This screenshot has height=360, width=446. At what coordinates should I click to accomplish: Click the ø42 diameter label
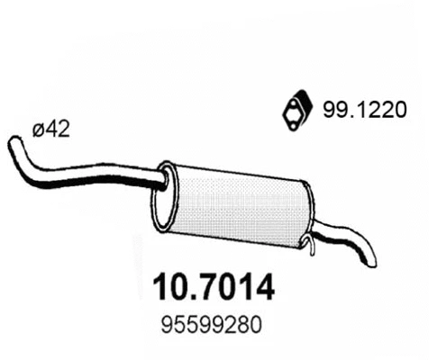coord(52,130)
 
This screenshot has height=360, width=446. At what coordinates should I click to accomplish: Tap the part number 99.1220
coord(365,111)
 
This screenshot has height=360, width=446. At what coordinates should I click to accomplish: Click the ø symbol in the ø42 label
coord(39,130)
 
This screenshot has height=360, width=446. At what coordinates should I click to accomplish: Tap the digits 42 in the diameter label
coord(59,130)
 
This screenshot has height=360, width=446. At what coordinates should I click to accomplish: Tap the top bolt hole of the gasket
coord(288,98)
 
